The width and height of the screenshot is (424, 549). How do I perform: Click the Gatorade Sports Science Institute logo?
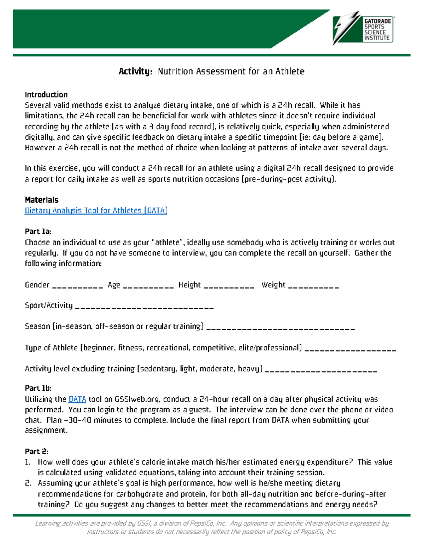pos(364,29)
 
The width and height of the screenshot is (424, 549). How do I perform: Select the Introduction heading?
pos(46,95)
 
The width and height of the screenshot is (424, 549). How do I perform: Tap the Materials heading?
pos(41,200)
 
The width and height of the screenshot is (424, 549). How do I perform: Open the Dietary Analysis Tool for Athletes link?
pos(96,211)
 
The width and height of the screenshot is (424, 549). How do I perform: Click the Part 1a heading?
pos(38,232)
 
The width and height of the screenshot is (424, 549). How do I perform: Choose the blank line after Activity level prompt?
pos(321,371)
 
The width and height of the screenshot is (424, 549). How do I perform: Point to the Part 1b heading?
pos(38,388)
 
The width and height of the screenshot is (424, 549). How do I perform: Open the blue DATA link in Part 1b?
pos(77,399)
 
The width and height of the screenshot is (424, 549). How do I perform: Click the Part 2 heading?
pos(36,451)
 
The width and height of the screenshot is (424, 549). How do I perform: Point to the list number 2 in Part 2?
pos(28,483)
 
